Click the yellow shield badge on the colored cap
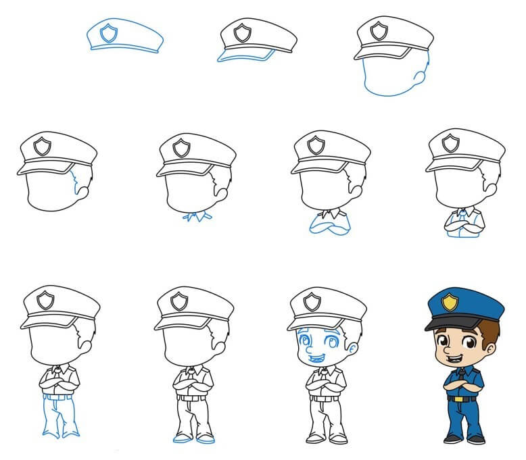pos(449,305)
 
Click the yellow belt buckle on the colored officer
pos(463,399)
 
